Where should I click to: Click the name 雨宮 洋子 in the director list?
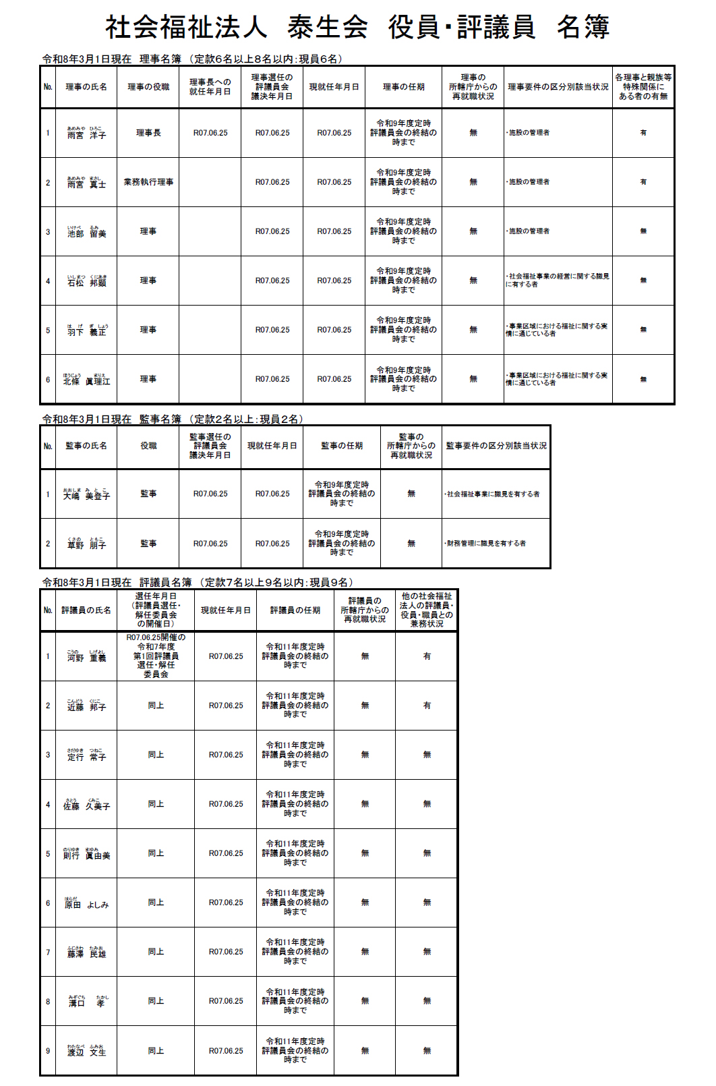point(86,134)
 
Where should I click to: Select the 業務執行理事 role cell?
point(148,182)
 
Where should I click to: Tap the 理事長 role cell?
point(148,133)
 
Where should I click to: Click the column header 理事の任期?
point(403,87)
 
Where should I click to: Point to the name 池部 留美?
point(86,232)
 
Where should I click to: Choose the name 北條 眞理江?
point(86,380)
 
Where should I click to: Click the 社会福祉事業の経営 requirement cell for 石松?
point(558,281)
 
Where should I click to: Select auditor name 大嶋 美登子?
point(86,494)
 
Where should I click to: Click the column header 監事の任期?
point(342,446)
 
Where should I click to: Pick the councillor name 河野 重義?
point(86,656)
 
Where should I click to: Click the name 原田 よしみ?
point(86,903)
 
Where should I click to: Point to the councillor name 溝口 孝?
point(86,1002)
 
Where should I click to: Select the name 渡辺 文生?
point(86,1051)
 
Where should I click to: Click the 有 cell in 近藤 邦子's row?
point(427,706)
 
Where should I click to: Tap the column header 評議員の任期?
point(295,610)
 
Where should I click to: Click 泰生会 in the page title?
point(328,28)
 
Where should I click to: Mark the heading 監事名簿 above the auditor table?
point(160,419)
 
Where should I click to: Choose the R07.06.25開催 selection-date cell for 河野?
point(156,656)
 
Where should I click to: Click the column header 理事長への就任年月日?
point(210,87)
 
